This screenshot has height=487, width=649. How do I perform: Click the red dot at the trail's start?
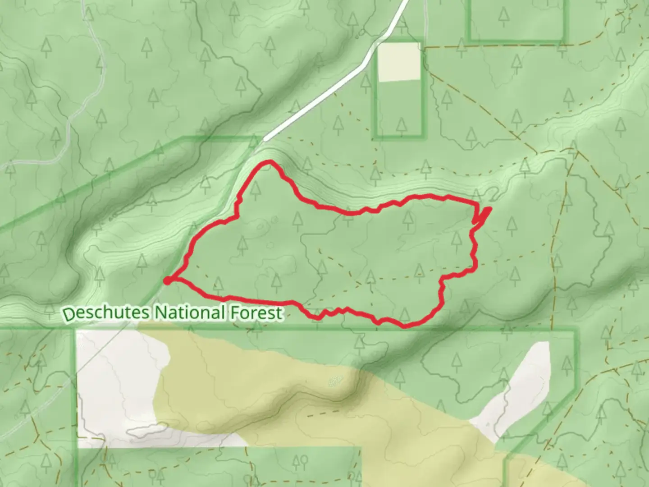(167, 281)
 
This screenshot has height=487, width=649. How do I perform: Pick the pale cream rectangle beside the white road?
(399, 62)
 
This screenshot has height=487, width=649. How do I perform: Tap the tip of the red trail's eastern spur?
(490, 208)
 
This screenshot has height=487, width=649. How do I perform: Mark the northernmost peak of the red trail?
(270, 161)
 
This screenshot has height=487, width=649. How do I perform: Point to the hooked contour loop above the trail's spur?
(494, 195)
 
